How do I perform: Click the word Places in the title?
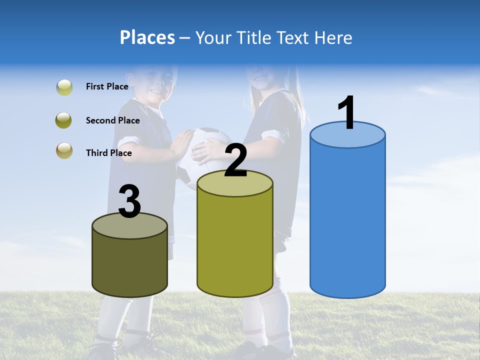(x=147, y=37)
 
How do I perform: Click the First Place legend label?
(x=107, y=86)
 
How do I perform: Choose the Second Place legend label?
(x=112, y=120)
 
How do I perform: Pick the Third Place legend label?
(x=108, y=153)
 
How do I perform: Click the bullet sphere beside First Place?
(x=64, y=87)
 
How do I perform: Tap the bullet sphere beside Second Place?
(x=64, y=120)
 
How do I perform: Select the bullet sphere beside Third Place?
(x=64, y=151)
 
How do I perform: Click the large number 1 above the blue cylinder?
(x=346, y=113)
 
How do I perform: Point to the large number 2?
(x=235, y=160)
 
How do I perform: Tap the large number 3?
(x=129, y=202)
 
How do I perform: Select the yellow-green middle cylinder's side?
(x=234, y=245)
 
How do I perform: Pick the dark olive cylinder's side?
(x=129, y=265)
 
